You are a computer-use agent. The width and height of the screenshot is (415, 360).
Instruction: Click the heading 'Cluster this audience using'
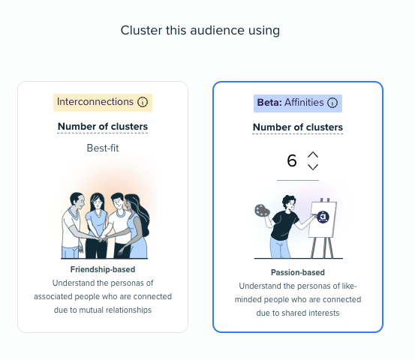pyautogui.click(x=200, y=31)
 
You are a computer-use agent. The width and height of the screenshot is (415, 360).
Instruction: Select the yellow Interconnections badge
pyautogui.click(x=103, y=102)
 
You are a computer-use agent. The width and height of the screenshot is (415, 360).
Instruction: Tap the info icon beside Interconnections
pyautogui.click(x=143, y=102)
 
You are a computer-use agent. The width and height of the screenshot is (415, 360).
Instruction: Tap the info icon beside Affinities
pyautogui.click(x=332, y=103)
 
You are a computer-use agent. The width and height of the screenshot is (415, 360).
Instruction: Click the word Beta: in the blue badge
pyautogui.click(x=269, y=103)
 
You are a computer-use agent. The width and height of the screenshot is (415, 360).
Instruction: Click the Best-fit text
pyautogui.click(x=103, y=148)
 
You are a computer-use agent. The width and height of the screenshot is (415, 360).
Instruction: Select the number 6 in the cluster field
pyautogui.click(x=292, y=160)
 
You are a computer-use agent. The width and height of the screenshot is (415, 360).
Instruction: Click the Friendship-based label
pyautogui.click(x=103, y=269)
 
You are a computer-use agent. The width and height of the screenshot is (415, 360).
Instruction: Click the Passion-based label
pyautogui.click(x=298, y=272)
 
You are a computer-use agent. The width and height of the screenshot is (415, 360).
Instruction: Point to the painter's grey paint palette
pyautogui.click(x=262, y=211)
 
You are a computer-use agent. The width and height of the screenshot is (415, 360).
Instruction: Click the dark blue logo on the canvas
pyautogui.click(x=323, y=217)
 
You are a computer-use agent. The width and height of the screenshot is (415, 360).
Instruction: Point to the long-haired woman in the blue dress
pyautogui.click(x=135, y=226)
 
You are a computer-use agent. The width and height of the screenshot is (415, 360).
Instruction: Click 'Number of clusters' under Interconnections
pyautogui.click(x=103, y=127)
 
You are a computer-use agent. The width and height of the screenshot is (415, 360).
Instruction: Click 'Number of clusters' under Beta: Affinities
pyautogui.click(x=298, y=127)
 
